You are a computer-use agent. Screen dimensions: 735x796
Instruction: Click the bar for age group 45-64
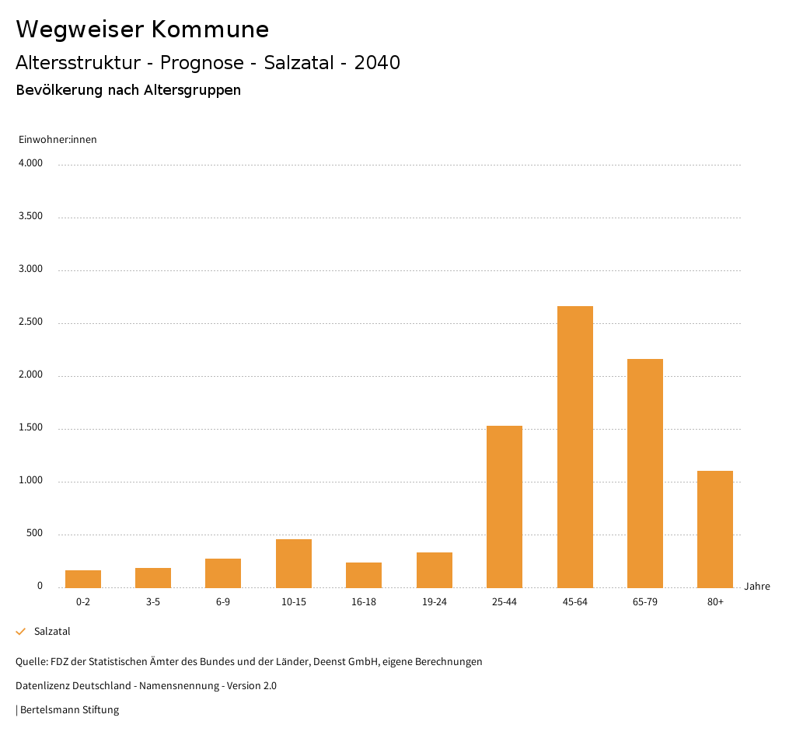coord(574,447)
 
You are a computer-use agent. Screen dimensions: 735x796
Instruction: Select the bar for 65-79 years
coord(644,473)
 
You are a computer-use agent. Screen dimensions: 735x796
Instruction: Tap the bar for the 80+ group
coord(715,529)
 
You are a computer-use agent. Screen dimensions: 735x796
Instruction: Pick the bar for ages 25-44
coord(504,507)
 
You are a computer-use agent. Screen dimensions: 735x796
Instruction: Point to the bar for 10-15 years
coord(294,563)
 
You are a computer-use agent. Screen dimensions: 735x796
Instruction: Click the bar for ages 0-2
coord(83,579)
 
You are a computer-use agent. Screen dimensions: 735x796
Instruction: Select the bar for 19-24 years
coord(435,570)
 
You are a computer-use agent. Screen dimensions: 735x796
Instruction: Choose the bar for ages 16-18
coord(364,575)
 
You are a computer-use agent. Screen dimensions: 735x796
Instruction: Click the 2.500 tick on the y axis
coord(30,322)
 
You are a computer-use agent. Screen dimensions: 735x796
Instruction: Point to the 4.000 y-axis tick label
coord(30,164)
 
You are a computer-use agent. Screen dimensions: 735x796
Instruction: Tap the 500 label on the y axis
coord(34,534)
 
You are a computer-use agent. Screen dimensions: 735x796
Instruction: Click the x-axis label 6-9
coord(223,602)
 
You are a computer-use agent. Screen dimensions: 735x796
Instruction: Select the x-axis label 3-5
coord(153,602)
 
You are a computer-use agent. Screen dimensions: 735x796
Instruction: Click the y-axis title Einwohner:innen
coord(58,140)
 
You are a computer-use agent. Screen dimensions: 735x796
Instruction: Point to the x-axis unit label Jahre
coord(757,587)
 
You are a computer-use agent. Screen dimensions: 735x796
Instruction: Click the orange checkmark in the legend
coord(21,632)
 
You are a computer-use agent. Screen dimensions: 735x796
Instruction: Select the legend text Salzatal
coord(52,632)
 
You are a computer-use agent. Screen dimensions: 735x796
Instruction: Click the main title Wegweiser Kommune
coord(142,30)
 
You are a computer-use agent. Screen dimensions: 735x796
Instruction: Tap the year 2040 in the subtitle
coord(377,63)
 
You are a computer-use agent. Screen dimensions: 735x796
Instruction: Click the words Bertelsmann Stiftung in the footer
coord(69,710)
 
